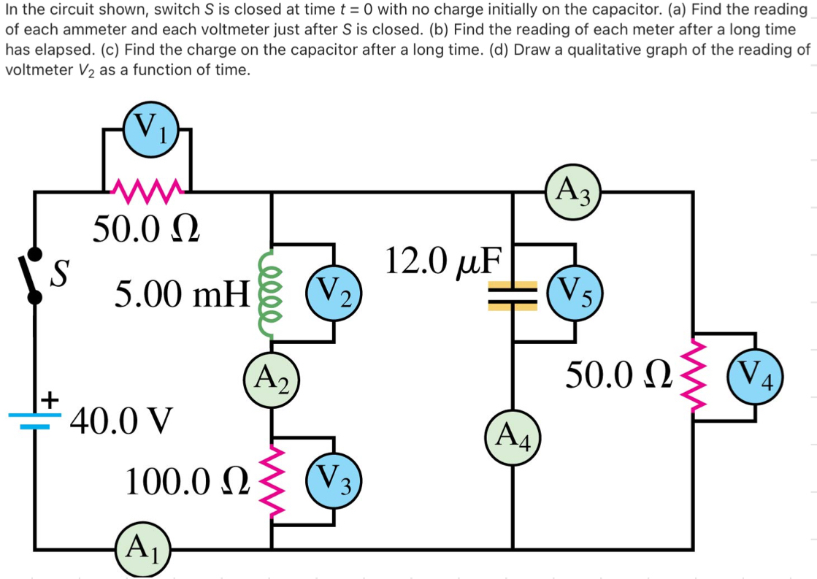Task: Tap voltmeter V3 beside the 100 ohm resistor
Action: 334,482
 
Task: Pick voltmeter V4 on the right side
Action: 758,377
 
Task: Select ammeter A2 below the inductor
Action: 272,378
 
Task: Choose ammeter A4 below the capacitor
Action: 513,439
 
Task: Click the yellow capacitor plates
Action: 513,296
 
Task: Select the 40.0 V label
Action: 121,421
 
